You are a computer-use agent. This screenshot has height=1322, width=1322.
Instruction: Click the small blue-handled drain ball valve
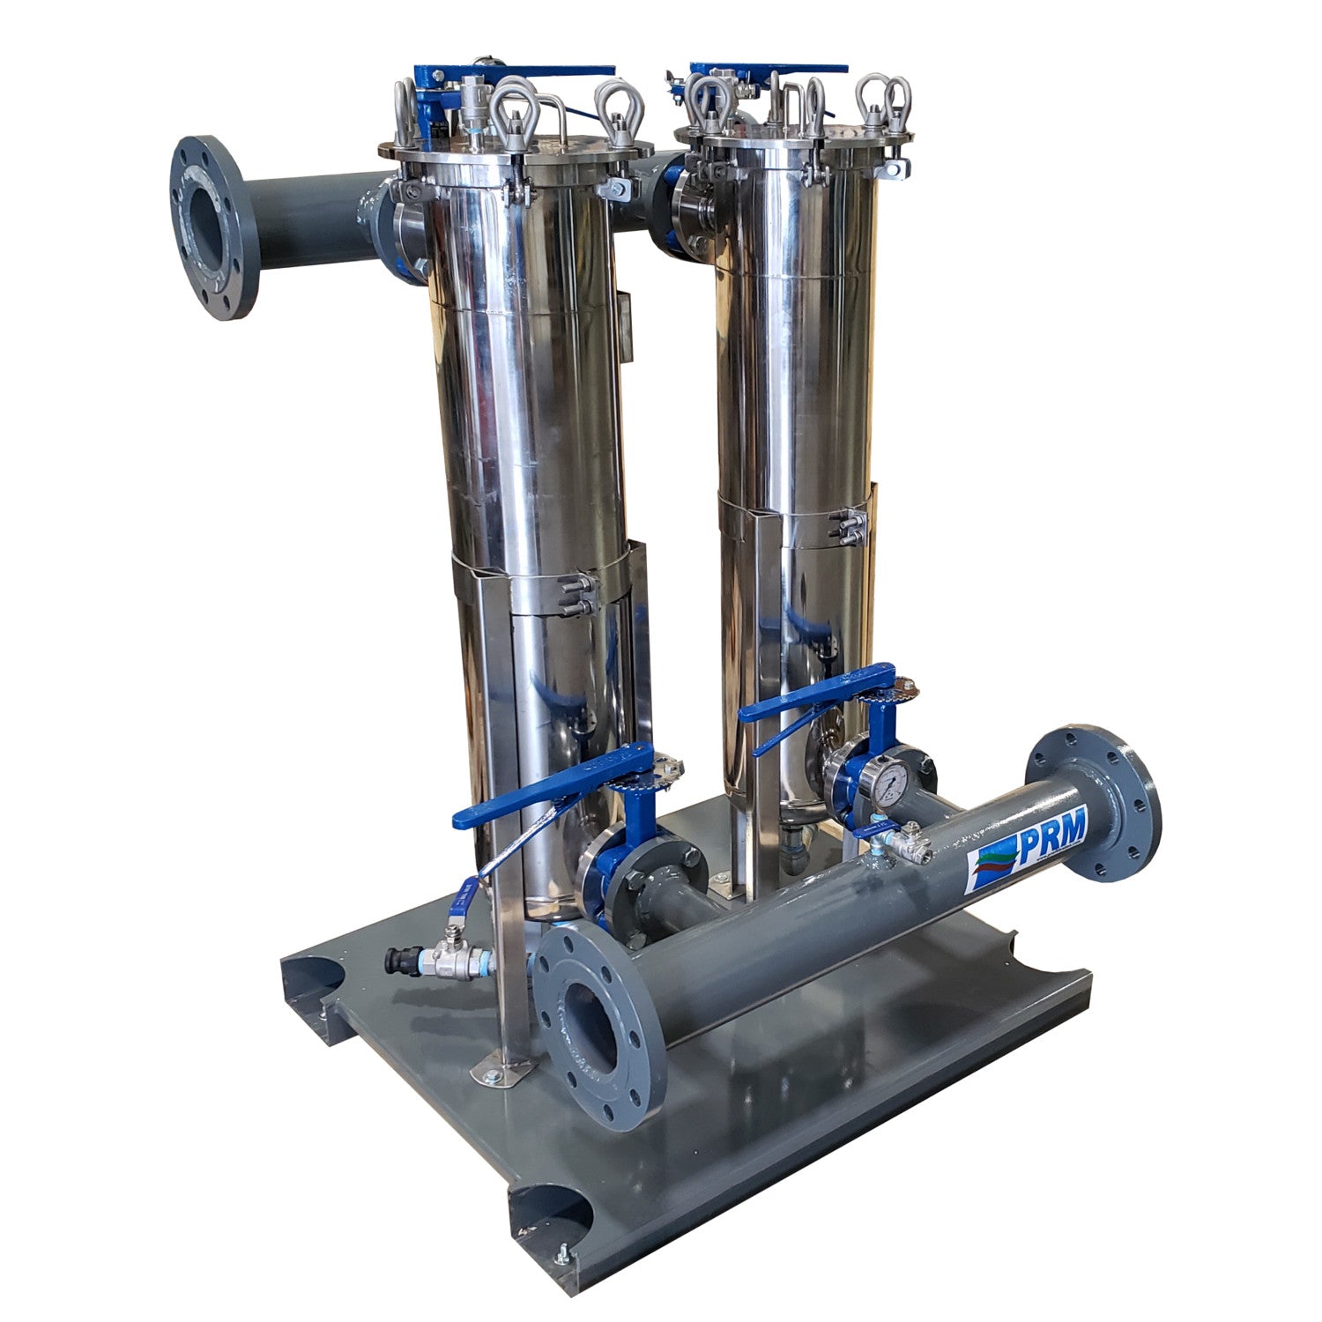point(458,917)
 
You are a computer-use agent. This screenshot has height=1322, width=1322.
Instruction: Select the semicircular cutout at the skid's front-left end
point(547,1212)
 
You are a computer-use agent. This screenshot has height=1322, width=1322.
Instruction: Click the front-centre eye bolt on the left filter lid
point(514,110)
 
